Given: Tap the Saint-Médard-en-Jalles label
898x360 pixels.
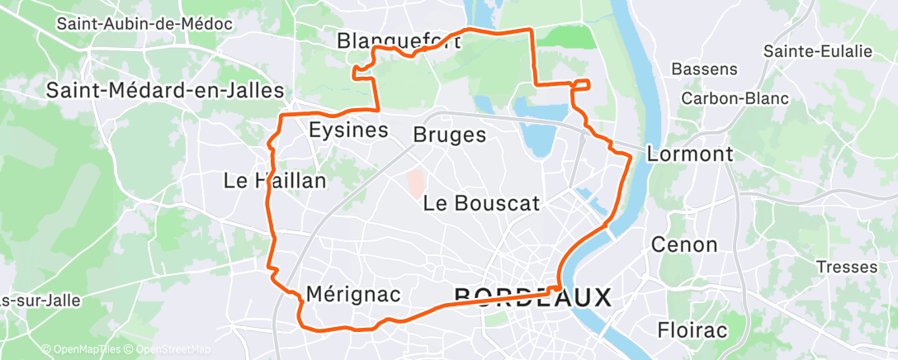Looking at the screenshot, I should coord(165,90).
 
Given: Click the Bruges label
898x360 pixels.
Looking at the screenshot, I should coord(450,135).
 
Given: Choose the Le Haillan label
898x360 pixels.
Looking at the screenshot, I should coord(275,180).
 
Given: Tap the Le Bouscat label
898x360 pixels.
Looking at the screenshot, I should coord(481,203).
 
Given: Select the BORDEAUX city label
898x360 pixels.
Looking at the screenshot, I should coord(532,296).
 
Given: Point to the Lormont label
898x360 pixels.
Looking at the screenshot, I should coord(690,154).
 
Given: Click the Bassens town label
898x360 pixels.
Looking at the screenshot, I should coord(704,69).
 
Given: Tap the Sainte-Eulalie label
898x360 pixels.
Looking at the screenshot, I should coord(817,51).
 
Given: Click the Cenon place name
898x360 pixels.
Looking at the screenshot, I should coord(684,244).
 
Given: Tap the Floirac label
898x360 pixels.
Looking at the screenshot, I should coord(692,330).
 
